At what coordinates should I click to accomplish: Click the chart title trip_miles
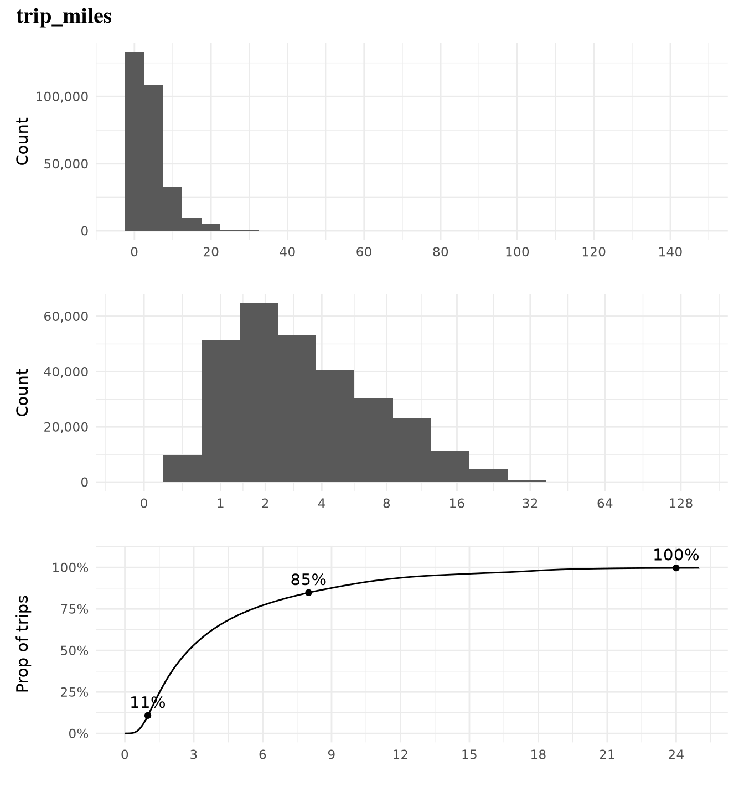64,17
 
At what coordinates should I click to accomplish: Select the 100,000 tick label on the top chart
62,97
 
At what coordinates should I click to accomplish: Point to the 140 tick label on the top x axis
670,252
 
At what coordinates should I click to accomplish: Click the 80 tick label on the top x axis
441,252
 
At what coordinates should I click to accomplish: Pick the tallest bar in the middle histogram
259,392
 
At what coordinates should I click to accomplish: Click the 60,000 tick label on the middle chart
66,317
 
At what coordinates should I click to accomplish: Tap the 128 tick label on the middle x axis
680,504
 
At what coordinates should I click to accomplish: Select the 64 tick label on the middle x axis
605,504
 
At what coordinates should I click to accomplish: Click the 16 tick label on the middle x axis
457,504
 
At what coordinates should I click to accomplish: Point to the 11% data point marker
148,716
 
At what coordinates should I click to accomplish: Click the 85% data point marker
308,593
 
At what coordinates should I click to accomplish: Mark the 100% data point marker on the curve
676,568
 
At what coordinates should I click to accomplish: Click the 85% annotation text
308,579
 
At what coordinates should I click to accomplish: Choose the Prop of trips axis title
22,644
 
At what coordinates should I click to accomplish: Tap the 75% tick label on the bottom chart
70,609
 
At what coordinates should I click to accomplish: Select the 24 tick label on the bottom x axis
676,755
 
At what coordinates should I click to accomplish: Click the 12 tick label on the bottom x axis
400,755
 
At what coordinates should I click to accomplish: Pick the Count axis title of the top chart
22,141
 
